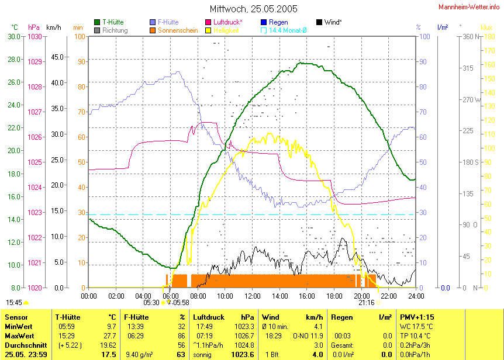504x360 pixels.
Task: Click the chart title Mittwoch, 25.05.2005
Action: [x=253, y=9]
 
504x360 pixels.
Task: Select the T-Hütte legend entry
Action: [x=113, y=22]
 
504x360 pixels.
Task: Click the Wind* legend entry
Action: [x=333, y=22]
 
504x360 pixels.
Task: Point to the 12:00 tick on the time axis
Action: [x=252, y=296]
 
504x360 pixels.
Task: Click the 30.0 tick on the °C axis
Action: [x=14, y=36]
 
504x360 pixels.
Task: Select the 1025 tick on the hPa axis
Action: [x=34, y=162]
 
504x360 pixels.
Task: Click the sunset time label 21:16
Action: [x=367, y=302]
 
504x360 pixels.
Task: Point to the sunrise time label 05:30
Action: [x=151, y=302]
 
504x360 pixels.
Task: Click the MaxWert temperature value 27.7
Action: [x=110, y=336]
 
